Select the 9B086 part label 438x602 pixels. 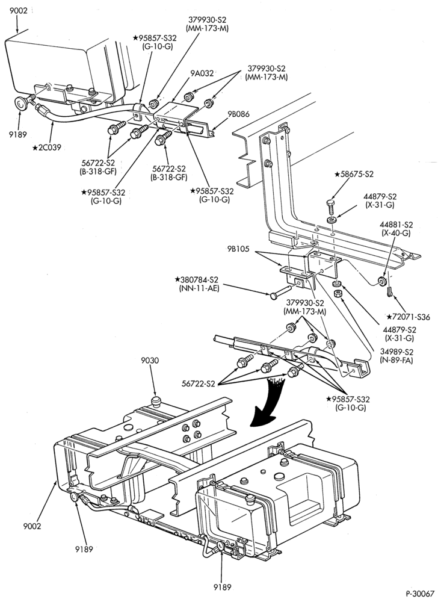point(238,114)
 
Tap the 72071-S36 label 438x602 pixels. point(408,317)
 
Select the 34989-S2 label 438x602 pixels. point(396,352)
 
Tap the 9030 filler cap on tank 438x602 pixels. point(155,402)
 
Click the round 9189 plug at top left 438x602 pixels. point(21,104)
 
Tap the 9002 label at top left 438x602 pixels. point(19,11)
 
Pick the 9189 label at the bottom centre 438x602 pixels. point(222,586)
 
